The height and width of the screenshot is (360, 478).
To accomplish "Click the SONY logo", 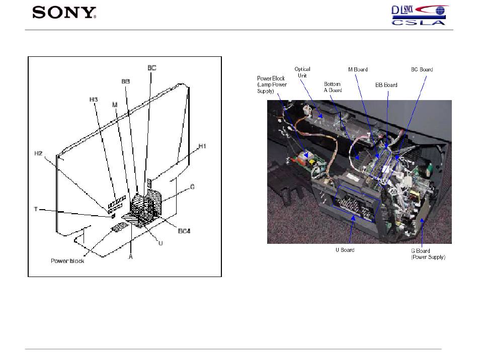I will point(64,12).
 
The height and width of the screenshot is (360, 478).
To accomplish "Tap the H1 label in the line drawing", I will point(203,146).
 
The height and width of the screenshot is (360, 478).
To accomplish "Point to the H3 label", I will point(93,100).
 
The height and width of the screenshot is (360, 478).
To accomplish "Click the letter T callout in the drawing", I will point(36,209).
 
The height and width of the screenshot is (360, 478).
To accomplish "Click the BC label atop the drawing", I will point(151,67).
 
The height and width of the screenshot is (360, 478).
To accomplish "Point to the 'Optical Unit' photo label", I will point(302,72).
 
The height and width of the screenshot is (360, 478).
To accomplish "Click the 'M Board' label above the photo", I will point(358,69).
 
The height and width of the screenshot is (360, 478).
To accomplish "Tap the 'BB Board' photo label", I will point(386,85).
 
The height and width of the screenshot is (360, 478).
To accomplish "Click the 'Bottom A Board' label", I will point(333,87).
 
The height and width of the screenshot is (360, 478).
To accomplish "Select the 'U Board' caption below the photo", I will point(345,250).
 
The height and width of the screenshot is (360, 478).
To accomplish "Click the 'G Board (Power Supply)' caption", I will point(428,254).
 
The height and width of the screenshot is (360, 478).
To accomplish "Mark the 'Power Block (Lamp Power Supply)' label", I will point(272,84).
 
